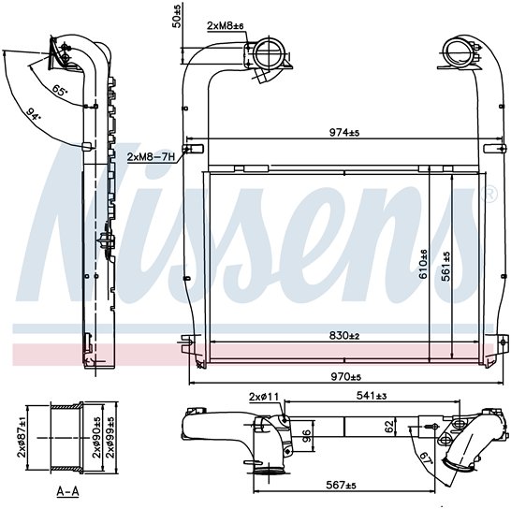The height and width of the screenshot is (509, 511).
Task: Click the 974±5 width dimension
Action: [344, 132]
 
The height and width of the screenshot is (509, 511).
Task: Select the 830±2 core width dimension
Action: [344, 335]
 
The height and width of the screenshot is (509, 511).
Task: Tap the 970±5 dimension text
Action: [346, 377]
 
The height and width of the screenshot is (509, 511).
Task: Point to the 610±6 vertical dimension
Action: [423, 264]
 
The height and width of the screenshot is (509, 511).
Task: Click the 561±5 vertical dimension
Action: [445, 267]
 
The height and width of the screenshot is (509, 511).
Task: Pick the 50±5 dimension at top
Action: [176, 17]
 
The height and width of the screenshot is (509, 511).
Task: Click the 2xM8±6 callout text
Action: [226, 26]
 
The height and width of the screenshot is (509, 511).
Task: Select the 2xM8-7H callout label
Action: [151, 157]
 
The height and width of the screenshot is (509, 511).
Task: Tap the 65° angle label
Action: [60, 90]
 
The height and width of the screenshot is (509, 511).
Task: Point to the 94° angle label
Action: [34, 114]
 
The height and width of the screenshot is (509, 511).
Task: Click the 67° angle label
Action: [426, 459]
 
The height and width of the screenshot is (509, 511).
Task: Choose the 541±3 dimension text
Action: [372, 396]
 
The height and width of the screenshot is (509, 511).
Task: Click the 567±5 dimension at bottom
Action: [341, 486]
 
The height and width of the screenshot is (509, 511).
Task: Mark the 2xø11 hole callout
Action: [264, 397]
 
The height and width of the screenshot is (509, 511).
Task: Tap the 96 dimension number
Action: [306, 436]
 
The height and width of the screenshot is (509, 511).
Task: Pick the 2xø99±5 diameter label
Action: [111, 438]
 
